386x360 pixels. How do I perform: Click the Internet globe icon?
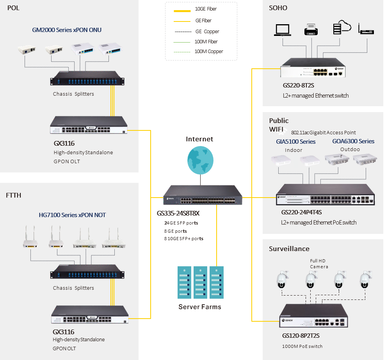[200, 161]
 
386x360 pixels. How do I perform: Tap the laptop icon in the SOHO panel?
[283, 30]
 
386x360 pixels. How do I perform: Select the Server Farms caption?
[200, 307]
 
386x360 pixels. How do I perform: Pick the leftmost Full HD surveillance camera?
[282, 280]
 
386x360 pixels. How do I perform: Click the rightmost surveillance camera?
[365, 280]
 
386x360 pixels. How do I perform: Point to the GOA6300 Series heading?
[353, 141]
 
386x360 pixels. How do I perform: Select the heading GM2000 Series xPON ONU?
[67, 30]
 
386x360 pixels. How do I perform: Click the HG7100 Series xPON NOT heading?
[72, 215]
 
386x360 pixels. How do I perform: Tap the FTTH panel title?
[14, 195]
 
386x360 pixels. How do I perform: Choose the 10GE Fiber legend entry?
[206, 9]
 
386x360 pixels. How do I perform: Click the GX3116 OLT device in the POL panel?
[89, 126]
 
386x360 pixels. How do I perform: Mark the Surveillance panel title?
[289, 249]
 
